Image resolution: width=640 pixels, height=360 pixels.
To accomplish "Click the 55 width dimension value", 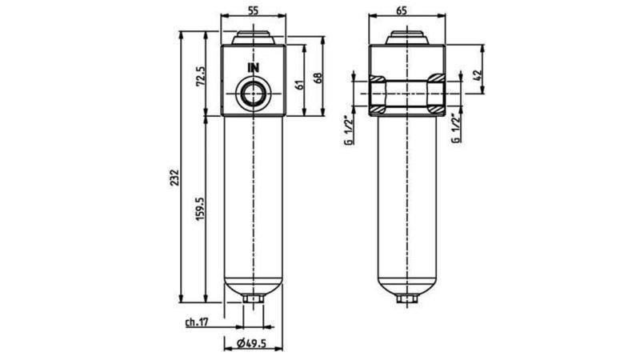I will (x=253, y=10).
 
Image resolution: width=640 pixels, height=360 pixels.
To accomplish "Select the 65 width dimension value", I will (x=406, y=10).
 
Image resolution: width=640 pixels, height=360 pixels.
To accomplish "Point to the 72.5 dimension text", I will (x=201, y=78).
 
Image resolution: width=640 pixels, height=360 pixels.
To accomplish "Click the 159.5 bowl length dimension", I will (x=201, y=210).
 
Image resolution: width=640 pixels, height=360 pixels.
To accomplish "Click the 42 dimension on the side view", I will (x=477, y=76).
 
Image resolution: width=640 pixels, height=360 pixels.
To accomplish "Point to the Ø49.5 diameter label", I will (x=251, y=344).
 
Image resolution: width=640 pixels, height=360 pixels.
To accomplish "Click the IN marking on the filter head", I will (x=254, y=67).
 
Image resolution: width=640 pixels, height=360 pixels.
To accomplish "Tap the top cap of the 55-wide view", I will (x=254, y=38).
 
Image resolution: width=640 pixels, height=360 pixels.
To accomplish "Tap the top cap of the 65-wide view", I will (x=407, y=38).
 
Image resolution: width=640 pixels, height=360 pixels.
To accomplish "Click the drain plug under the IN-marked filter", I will (x=254, y=301).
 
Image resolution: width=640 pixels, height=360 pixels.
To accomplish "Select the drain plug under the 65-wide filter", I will (x=407, y=301).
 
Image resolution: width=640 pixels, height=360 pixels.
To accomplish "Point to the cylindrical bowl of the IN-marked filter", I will (x=254, y=200).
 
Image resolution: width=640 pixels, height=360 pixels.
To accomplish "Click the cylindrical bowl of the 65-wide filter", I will (x=407, y=200).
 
